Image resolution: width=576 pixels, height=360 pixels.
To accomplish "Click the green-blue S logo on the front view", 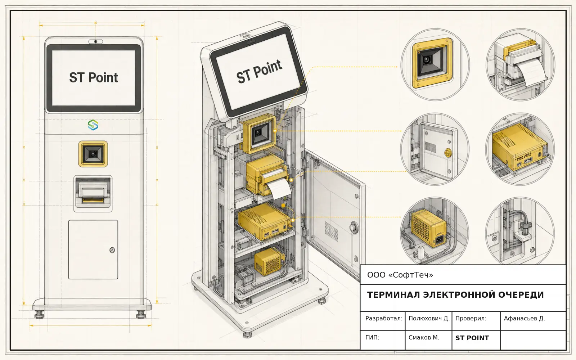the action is pyautogui.click(x=93, y=125).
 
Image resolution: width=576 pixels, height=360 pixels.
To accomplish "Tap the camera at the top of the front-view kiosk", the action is pyautogui.click(x=96, y=41).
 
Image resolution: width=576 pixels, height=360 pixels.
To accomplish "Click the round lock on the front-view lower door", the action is pyautogui.click(x=112, y=250).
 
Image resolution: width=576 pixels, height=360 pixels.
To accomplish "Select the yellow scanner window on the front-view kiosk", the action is pyautogui.click(x=93, y=154).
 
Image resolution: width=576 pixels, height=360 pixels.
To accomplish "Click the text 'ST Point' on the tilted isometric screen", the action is pyautogui.click(x=259, y=71).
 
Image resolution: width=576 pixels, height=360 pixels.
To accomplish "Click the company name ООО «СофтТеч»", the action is pyautogui.click(x=400, y=275).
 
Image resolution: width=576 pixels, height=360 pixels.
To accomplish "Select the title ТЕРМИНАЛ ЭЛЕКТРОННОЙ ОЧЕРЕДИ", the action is pyautogui.click(x=455, y=295).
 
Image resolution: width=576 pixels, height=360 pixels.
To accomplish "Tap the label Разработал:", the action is pyautogui.click(x=384, y=318).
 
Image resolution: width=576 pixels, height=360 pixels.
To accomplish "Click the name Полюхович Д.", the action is pyautogui.click(x=429, y=318).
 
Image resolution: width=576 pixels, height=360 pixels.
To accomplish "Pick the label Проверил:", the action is pyautogui.click(x=471, y=318).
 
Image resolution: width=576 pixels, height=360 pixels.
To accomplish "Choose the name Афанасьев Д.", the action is pyautogui.click(x=524, y=318).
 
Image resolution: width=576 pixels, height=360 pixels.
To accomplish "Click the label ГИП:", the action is pyautogui.click(x=372, y=337).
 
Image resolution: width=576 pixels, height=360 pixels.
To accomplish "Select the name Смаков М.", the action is pyautogui.click(x=424, y=337).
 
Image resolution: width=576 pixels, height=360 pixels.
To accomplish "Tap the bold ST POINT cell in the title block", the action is pyautogui.click(x=472, y=338).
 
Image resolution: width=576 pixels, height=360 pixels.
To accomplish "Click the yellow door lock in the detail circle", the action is pyautogui.click(x=448, y=153).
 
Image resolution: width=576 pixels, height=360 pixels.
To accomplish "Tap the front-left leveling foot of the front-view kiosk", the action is pyautogui.click(x=39, y=314).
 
